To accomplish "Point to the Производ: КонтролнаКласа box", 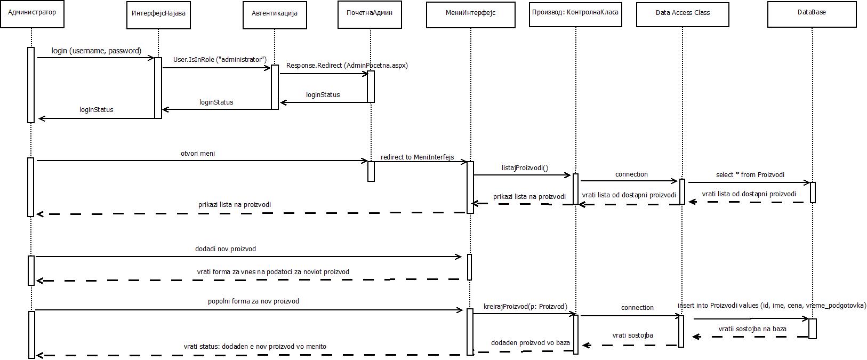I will [575, 14].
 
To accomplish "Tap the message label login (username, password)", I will [97, 51].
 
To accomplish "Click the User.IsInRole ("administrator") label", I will [220, 60].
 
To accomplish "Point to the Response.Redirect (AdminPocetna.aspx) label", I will [347, 66].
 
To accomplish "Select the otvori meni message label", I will [198, 154].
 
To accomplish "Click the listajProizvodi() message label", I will [525, 168].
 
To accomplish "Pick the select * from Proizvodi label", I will [750, 175].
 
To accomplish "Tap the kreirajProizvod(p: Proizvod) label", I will [525, 307].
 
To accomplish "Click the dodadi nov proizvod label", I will [226, 249].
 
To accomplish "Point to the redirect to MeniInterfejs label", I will [418, 157].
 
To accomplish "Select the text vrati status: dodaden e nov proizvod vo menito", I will [255, 347].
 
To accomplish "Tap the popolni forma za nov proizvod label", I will [253, 301].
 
